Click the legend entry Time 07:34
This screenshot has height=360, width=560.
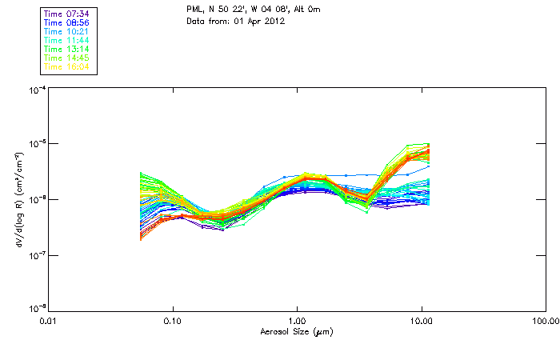click(x=67, y=13)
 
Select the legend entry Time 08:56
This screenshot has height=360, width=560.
click(x=67, y=22)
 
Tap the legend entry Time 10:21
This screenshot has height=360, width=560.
click(x=67, y=30)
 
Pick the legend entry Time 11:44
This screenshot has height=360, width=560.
click(x=67, y=39)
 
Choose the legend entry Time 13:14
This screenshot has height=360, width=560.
click(x=67, y=48)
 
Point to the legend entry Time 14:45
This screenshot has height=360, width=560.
click(x=67, y=57)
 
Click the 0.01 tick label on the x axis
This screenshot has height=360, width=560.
click(x=48, y=321)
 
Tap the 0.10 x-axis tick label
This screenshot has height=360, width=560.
click(x=173, y=321)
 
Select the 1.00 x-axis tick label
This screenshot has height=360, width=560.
click(x=297, y=321)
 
